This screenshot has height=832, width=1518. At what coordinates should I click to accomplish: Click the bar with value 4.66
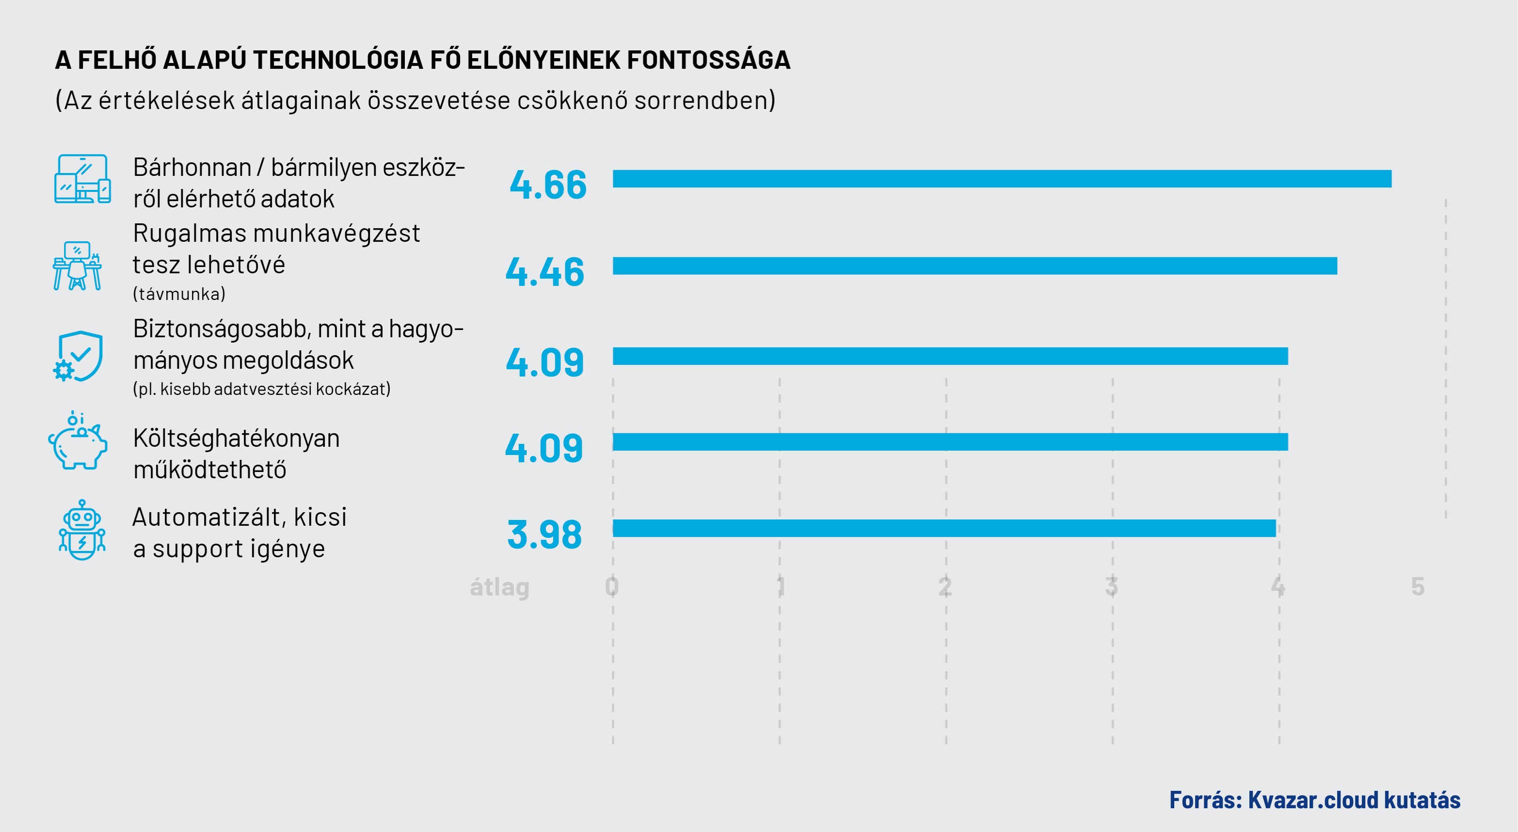(1002, 179)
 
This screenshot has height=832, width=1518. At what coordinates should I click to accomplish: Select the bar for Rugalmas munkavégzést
(975, 266)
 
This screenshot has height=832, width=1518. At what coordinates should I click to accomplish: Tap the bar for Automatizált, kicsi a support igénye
(944, 528)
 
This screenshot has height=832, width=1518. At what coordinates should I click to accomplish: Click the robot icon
(82, 530)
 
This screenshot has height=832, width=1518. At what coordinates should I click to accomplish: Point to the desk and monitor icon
(77, 266)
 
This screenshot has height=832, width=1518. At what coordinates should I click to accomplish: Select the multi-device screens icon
(82, 179)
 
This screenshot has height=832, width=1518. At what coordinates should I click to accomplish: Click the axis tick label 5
(1418, 586)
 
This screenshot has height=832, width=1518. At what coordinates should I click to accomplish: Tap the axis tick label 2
(945, 586)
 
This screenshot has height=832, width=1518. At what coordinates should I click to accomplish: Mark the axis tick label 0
(612, 586)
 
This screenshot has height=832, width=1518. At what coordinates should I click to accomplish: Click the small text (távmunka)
(179, 294)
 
